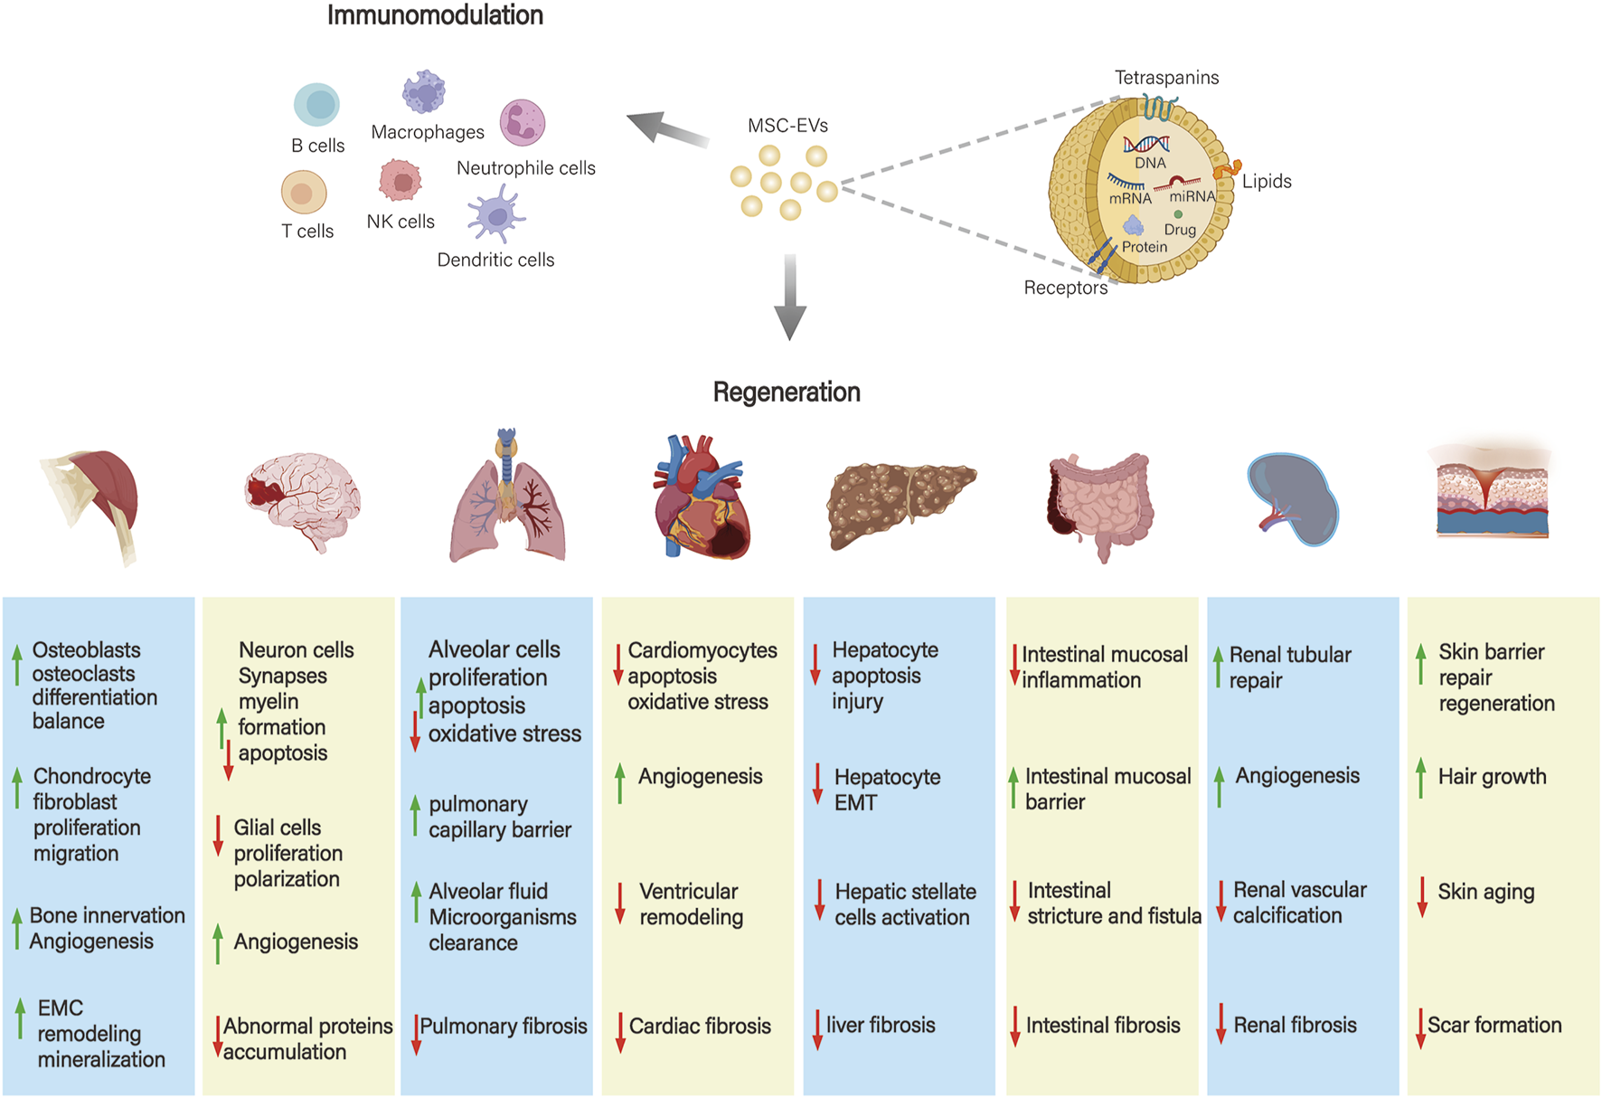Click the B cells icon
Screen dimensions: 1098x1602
click(x=316, y=104)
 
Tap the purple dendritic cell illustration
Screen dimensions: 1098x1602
click(x=495, y=216)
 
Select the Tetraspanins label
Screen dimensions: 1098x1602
click(x=1166, y=78)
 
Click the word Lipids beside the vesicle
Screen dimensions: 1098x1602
click(x=1266, y=181)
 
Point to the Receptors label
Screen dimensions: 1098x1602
click(x=1065, y=288)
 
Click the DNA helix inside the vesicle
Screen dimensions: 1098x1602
click(x=1146, y=144)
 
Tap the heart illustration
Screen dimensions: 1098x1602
click(x=702, y=497)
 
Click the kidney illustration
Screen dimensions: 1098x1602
click(x=1293, y=499)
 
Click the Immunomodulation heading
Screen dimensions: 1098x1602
click(x=435, y=15)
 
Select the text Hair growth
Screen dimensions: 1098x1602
click(x=1492, y=776)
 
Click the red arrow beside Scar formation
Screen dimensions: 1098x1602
click(x=1421, y=1028)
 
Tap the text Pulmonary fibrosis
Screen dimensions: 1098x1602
click(x=503, y=1026)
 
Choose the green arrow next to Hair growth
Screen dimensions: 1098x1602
click(x=1421, y=778)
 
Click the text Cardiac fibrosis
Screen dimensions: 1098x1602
click(x=700, y=1026)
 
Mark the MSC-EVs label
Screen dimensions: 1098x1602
click(x=787, y=126)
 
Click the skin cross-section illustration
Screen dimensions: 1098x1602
click(x=1492, y=493)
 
